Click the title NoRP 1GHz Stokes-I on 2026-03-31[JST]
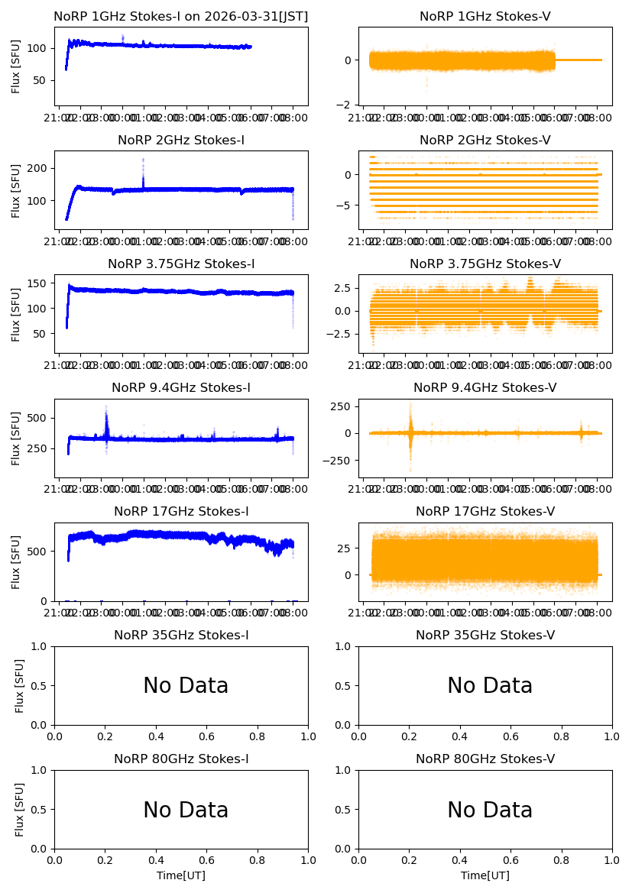(181, 16)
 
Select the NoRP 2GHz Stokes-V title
(485, 140)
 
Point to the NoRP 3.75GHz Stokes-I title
(181, 264)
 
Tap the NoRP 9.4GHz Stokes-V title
(485, 387)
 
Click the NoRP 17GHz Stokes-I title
(181, 511)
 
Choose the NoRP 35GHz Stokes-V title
(485, 635)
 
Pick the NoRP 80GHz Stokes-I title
(181, 759)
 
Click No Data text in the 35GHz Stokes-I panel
(186, 686)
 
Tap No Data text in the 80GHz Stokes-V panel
(490, 810)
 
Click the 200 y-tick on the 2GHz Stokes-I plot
(41, 168)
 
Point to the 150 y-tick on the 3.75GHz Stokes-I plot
(41, 283)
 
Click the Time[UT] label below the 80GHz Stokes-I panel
(181, 875)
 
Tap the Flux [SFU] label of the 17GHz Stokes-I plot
(16, 561)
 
